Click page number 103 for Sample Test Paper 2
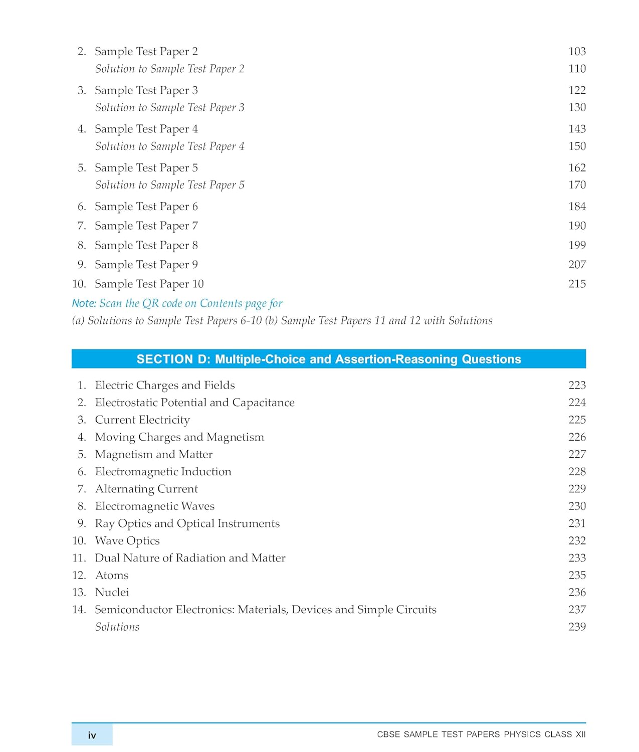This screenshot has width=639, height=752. (x=577, y=51)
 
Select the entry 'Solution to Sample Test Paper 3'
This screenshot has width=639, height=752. (x=169, y=107)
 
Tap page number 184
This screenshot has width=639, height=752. (x=577, y=206)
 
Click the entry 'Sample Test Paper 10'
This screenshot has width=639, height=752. (x=149, y=284)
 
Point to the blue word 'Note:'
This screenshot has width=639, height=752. (x=84, y=303)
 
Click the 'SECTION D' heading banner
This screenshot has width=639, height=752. (x=328, y=359)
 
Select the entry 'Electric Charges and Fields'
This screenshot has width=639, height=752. (x=165, y=385)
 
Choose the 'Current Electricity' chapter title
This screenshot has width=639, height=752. (x=142, y=420)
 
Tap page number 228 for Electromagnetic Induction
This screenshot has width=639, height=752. (x=577, y=471)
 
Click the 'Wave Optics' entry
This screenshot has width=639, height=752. (x=127, y=540)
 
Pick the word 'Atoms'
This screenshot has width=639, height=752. (x=112, y=575)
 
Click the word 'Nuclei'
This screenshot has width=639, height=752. (x=112, y=592)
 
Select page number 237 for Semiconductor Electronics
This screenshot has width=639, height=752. (x=577, y=609)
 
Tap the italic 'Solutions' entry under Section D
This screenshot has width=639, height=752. (x=117, y=627)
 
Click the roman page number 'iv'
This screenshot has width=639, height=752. (x=92, y=735)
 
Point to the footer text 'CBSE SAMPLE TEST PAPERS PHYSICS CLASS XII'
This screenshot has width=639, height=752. (x=481, y=734)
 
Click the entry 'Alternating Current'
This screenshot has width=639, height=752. (x=146, y=489)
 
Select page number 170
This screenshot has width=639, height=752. (x=577, y=184)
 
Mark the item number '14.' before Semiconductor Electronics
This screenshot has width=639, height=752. (x=79, y=610)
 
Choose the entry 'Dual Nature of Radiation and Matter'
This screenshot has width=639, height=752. (x=190, y=558)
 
